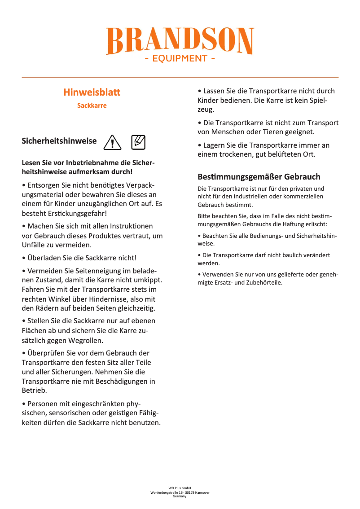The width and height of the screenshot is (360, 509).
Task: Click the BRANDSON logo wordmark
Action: [x=180, y=41]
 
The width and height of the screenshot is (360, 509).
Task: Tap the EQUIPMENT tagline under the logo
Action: [x=180, y=58]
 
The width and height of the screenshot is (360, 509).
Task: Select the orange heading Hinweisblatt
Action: [x=92, y=92]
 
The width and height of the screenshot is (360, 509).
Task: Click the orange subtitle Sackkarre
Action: [x=92, y=105]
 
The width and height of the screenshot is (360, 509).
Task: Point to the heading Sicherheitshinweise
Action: [x=59, y=141]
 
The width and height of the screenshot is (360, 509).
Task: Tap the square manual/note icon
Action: [x=139, y=142]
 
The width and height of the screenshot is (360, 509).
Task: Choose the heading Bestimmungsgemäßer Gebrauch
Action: [x=259, y=176]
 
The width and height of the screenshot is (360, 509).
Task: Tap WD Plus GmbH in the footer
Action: [x=180, y=488]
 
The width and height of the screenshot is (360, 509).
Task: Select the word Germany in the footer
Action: [x=180, y=496]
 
